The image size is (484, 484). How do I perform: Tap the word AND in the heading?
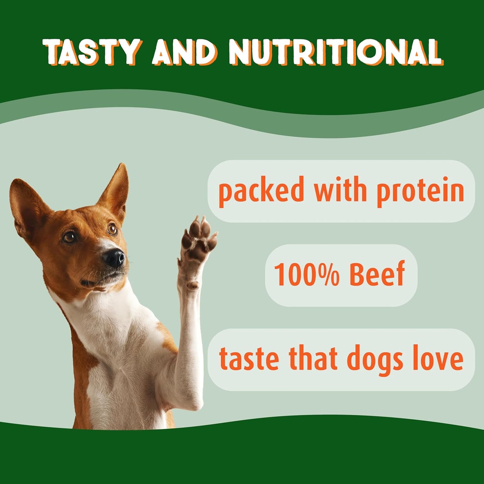coord(184,53)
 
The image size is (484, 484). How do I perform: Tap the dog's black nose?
coord(114,258)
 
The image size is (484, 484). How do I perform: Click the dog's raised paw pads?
coord(198,238)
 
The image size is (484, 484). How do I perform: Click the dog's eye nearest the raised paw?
coord(112,229)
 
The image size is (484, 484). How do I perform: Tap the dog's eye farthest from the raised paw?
coord(70,237)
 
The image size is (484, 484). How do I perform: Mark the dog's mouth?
coord(100,280)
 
